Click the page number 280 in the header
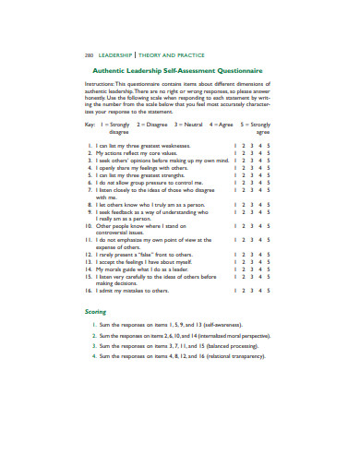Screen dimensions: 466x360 click(x=90, y=54)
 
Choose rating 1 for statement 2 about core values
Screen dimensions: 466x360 click(x=235, y=152)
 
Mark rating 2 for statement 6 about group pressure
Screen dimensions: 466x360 click(x=244, y=182)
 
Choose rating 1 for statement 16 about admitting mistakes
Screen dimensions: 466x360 click(x=235, y=290)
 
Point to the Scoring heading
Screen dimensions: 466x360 click(x=97, y=312)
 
